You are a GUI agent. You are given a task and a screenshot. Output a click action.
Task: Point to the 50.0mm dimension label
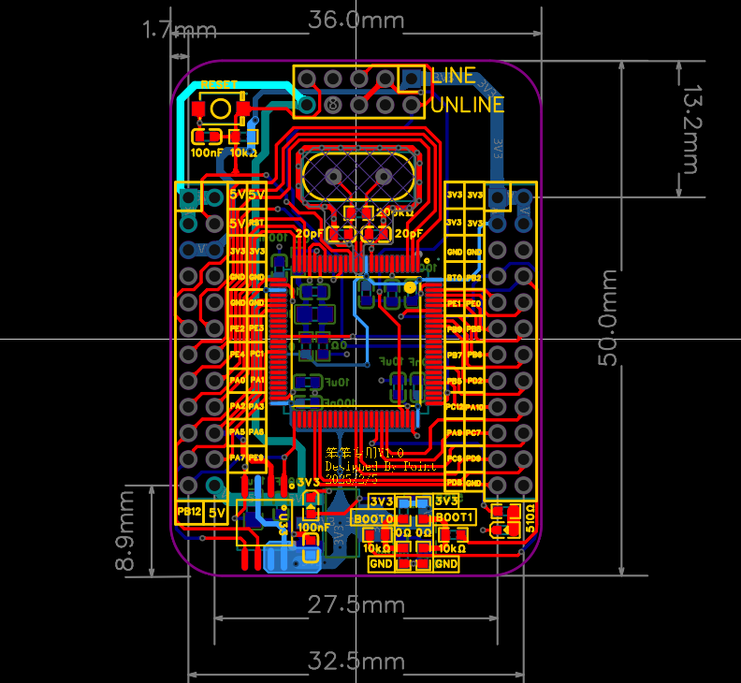pyautogui.click(x=609, y=318)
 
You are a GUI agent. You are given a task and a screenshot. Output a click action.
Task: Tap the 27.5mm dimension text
pyautogui.click(x=356, y=605)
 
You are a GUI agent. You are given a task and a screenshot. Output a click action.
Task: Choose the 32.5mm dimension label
pyautogui.click(x=356, y=662)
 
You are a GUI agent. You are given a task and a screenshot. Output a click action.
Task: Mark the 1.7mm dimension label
pyautogui.click(x=179, y=31)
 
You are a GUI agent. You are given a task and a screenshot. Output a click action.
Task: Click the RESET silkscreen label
pyautogui.click(x=219, y=84)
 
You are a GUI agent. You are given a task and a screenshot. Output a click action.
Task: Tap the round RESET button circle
pyautogui.click(x=221, y=109)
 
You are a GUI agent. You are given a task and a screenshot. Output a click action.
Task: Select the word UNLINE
pyautogui.click(x=468, y=104)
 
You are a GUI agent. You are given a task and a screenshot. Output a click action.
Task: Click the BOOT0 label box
pyautogui.click(x=372, y=517)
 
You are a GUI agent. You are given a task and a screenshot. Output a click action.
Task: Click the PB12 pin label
pyautogui.click(x=190, y=513)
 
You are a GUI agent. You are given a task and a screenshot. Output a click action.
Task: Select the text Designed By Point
pyautogui.click(x=379, y=466)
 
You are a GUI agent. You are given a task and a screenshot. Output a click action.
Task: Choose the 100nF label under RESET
pyautogui.click(x=207, y=153)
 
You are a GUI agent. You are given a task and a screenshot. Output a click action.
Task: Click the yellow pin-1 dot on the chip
pyautogui.click(x=410, y=287)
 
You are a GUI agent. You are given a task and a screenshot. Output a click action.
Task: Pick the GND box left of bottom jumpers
pyautogui.click(x=381, y=564)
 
